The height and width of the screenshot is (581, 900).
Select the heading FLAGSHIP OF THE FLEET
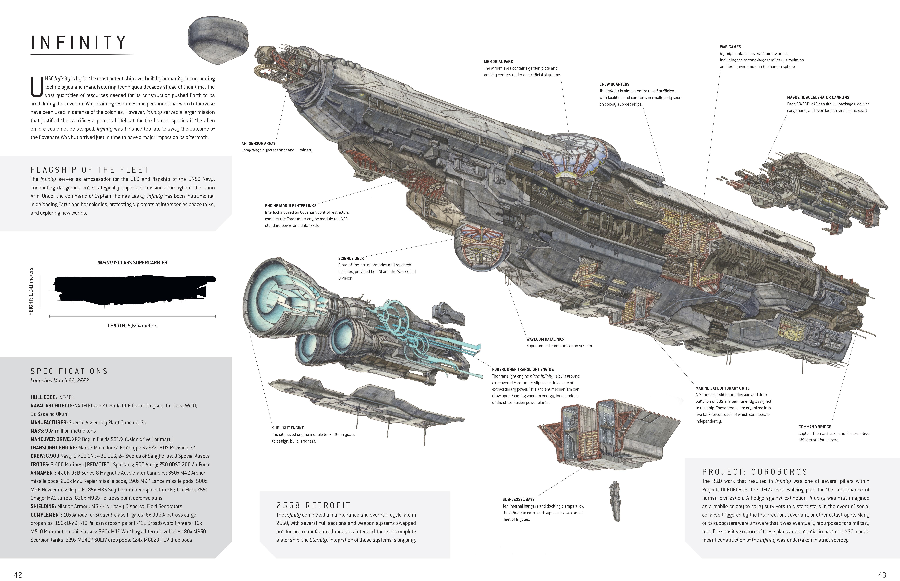coord(90,170)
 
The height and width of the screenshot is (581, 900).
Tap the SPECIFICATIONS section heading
coord(69,371)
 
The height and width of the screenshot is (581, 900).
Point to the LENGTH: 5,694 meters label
coord(132,326)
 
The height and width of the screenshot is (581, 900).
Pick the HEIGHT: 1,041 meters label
coord(31,291)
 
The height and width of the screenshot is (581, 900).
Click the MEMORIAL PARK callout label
coord(498,62)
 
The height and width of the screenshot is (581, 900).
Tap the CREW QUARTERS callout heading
coord(614,84)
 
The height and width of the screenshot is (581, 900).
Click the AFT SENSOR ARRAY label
coord(258,143)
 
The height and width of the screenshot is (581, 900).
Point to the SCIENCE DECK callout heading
coord(351,258)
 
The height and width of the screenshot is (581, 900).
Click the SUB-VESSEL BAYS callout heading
coord(518,499)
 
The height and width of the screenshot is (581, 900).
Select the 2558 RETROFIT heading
coord(313,505)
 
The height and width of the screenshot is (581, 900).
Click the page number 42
coord(18,575)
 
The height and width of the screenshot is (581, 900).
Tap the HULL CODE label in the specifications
coord(43,397)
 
